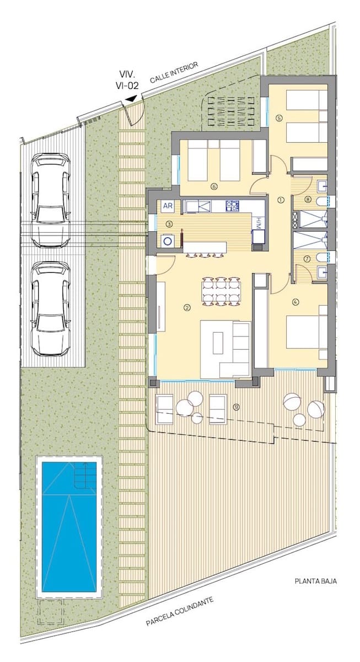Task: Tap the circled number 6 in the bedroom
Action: (214, 186)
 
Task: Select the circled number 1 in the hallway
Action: (281, 200)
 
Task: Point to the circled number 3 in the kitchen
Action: (169, 225)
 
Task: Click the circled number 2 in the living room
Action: (187, 308)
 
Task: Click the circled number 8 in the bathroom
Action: (308, 200)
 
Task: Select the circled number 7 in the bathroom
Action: (307, 259)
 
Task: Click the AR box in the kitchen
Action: (168, 206)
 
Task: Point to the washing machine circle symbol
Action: (168, 241)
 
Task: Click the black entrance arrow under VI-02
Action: (131, 99)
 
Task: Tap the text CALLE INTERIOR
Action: (174, 73)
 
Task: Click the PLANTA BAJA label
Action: (316, 581)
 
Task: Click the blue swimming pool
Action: (69, 527)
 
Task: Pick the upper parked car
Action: (51, 200)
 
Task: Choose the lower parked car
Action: (51, 309)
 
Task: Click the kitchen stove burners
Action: (233, 206)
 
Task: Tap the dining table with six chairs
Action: (221, 291)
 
